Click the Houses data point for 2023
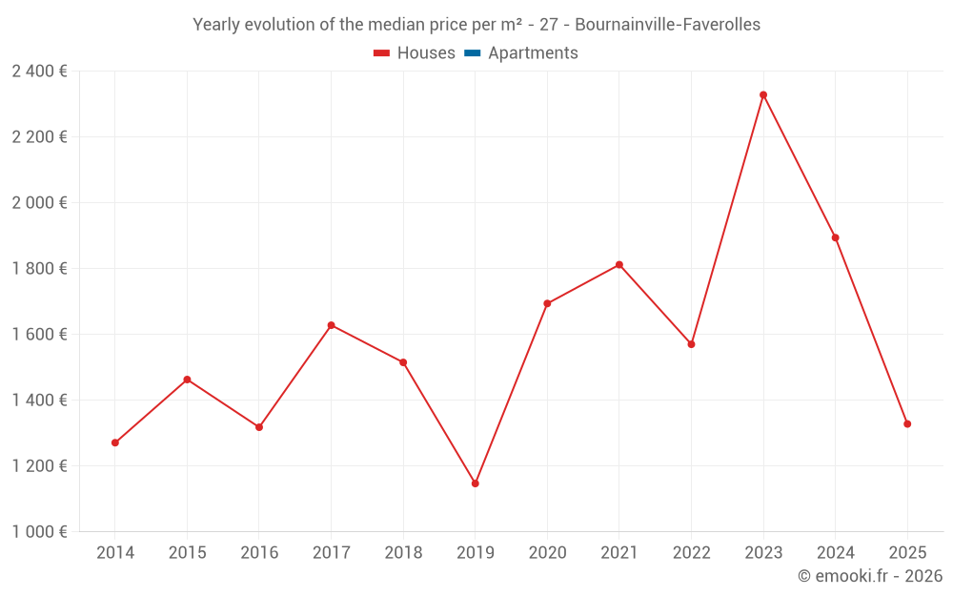[763, 94]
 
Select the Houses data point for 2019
[476, 483]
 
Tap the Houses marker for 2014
[115, 442]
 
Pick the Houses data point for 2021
[619, 264]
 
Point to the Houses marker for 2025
[907, 423]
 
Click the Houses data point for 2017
[332, 325]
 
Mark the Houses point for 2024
[836, 237]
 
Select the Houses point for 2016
[259, 427]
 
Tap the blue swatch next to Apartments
[473, 53]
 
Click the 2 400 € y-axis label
[39, 71]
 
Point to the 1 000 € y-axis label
[39, 531]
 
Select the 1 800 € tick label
[39, 268]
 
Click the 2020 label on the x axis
[547, 553]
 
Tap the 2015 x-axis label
[187, 553]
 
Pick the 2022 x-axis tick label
[691, 553]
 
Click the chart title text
[476, 25]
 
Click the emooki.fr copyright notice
[869, 576]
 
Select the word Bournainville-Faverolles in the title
[668, 25]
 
